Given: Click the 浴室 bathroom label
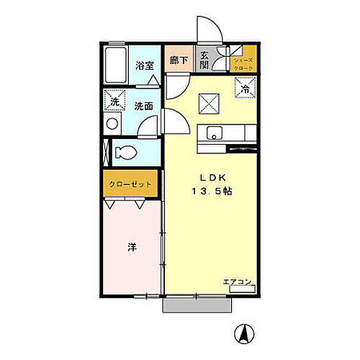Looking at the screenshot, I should click(144, 66).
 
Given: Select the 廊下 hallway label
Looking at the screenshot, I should click(178, 60).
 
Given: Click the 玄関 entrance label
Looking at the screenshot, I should click(205, 60).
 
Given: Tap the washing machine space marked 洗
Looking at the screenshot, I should click(114, 101).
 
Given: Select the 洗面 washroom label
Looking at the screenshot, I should click(144, 106).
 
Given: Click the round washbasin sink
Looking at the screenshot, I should click(111, 124).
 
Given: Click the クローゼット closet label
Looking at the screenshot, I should click(130, 184).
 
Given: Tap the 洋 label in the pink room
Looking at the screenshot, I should click(132, 247).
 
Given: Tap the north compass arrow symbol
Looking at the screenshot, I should click(245, 333).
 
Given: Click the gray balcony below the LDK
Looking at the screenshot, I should click(197, 305).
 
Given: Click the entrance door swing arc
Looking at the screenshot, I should click(211, 27).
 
